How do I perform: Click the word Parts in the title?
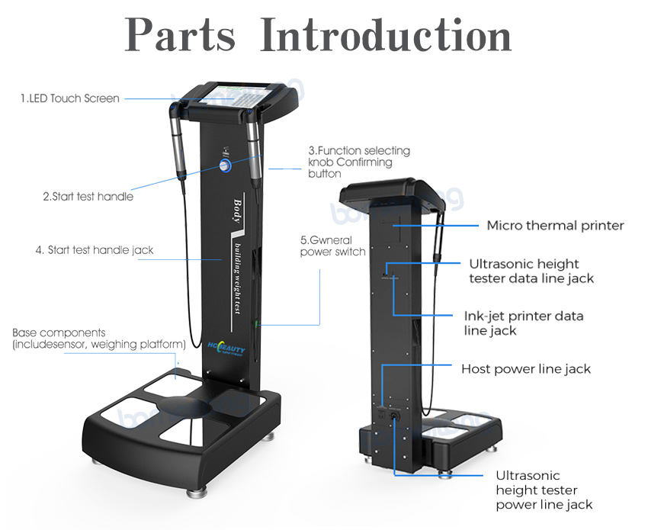pos(181,35)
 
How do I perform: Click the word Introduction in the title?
pos(385,35)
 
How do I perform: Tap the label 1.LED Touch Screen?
pos(70,98)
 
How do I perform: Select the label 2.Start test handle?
pos(88,197)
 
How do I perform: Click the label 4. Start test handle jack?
pos(95,249)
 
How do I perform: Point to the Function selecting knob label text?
pos(358,162)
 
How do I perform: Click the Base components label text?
pos(99,339)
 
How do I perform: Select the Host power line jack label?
pos(526,369)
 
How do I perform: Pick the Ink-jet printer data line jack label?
pos(524,323)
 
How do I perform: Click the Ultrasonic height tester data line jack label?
pos(531,271)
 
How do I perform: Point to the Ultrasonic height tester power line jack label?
pos(544,490)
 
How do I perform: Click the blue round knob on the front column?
pos(226,165)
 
